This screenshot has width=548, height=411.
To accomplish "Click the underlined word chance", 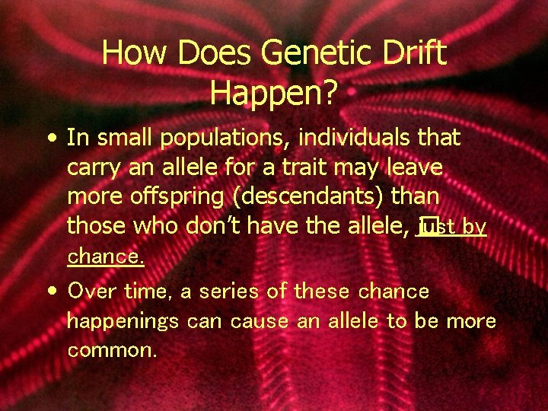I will tap(106, 256).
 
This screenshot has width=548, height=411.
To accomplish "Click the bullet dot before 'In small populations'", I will tap(50, 139).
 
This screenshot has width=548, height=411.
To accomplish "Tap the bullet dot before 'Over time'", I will tap(50, 292).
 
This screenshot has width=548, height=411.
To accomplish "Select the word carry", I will tap(92, 168).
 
